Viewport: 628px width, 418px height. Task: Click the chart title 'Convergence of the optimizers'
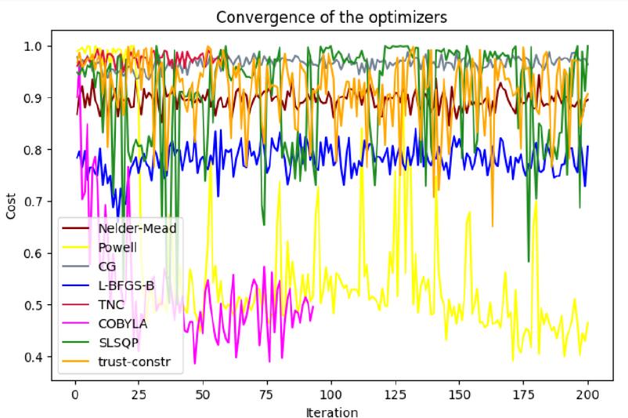(330, 15)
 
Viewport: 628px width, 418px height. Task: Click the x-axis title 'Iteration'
(330, 411)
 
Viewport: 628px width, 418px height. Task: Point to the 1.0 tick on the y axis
(36, 45)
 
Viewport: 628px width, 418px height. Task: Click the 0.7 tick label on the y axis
(36, 202)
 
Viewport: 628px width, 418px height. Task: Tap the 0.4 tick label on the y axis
(36, 357)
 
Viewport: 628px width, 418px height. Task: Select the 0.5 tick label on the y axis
(36, 305)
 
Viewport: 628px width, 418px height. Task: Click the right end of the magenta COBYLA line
(313, 307)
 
